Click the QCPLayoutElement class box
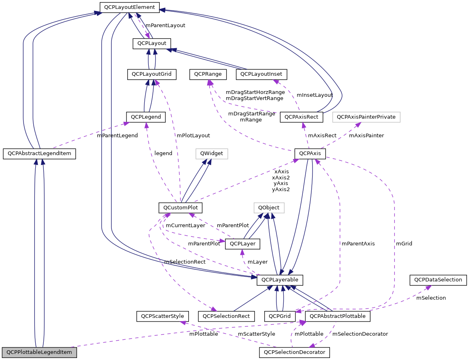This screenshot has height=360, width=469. pyautogui.click(x=130, y=7)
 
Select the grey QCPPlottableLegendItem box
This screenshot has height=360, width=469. pyautogui.click(x=39, y=352)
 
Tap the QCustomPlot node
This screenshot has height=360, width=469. pyautogui.click(x=180, y=208)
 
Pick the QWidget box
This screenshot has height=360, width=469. pyautogui.click(x=212, y=154)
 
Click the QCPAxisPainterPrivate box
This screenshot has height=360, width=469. pyautogui.click(x=366, y=117)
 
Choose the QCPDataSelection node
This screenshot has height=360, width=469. pyautogui.click(x=439, y=280)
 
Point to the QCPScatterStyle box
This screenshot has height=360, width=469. pyautogui.click(x=162, y=316)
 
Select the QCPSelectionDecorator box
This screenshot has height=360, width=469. pyautogui.click(x=294, y=352)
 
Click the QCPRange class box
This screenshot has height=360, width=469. pyautogui.click(x=207, y=74)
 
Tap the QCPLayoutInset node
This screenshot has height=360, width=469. pyautogui.click(x=263, y=74)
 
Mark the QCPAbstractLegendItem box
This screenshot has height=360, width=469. pyautogui.click(x=39, y=154)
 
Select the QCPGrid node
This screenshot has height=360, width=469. pyautogui.click(x=280, y=316)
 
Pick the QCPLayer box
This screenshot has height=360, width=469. pyautogui.click(x=242, y=244)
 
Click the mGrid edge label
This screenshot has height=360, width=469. pyautogui.click(x=404, y=244)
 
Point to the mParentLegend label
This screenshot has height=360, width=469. pyautogui.click(x=117, y=136)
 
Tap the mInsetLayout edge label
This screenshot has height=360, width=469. pyautogui.click(x=315, y=95)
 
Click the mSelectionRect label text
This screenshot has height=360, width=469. pyautogui.click(x=184, y=262)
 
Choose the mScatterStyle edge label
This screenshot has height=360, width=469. pyautogui.click(x=256, y=334)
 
